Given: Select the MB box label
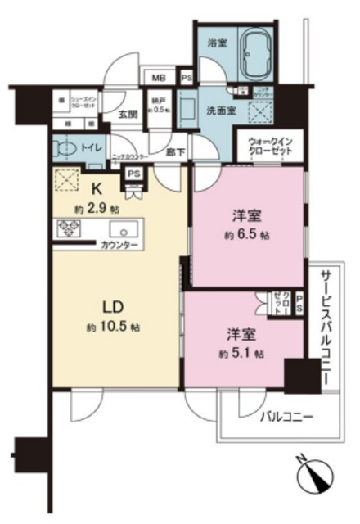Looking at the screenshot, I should [x=156, y=78].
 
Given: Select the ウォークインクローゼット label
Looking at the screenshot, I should [x=270, y=149].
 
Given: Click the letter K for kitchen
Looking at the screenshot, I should [x=95, y=187].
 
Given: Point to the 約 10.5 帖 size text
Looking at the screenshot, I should [x=113, y=327].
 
